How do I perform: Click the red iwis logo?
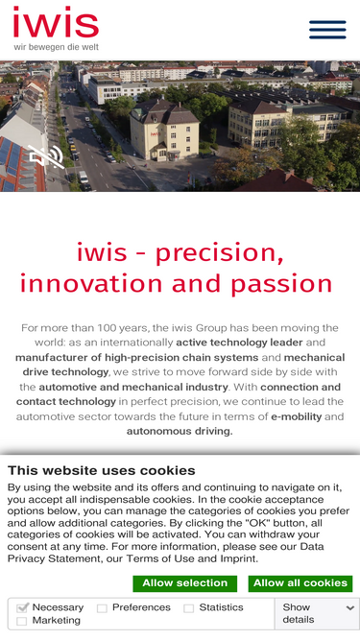[x=56, y=23]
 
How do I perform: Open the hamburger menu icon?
[x=327, y=30]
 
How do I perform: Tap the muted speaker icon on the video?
[x=45, y=156]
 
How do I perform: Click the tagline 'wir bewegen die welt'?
[x=56, y=47]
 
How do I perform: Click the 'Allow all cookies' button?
[x=300, y=583]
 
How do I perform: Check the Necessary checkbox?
[x=23, y=608]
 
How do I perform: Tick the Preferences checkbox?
[x=102, y=608]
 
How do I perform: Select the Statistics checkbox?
[x=189, y=608]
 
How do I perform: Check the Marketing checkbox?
[x=23, y=622]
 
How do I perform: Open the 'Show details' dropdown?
[x=317, y=613]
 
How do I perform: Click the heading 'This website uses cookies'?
[x=101, y=470]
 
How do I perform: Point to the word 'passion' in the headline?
[x=287, y=284]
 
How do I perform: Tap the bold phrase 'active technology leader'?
[x=239, y=343]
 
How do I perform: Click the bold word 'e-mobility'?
[x=295, y=416]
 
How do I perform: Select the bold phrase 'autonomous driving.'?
[x=180, y=431]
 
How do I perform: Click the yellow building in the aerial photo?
[x=163, y=130]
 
